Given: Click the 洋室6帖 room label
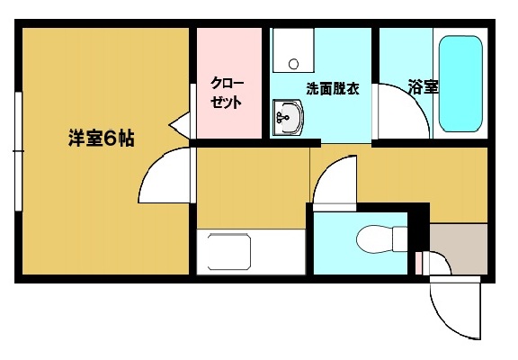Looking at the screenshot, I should click(x=102, y=139).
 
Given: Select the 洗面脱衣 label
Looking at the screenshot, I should click(x=333, y=89).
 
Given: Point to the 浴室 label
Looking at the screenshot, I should click(x=423, y=88).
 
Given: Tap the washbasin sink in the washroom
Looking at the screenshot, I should click(x=290, y=116).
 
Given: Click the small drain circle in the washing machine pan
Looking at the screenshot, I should click(x=293, y=64).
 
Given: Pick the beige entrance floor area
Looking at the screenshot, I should click(x=457, y=247).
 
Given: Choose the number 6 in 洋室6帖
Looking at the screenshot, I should click(x=106, y=139).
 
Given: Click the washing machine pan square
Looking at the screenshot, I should click(x=293, y=52).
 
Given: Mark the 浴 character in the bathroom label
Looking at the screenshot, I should click(x=415, y=88).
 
